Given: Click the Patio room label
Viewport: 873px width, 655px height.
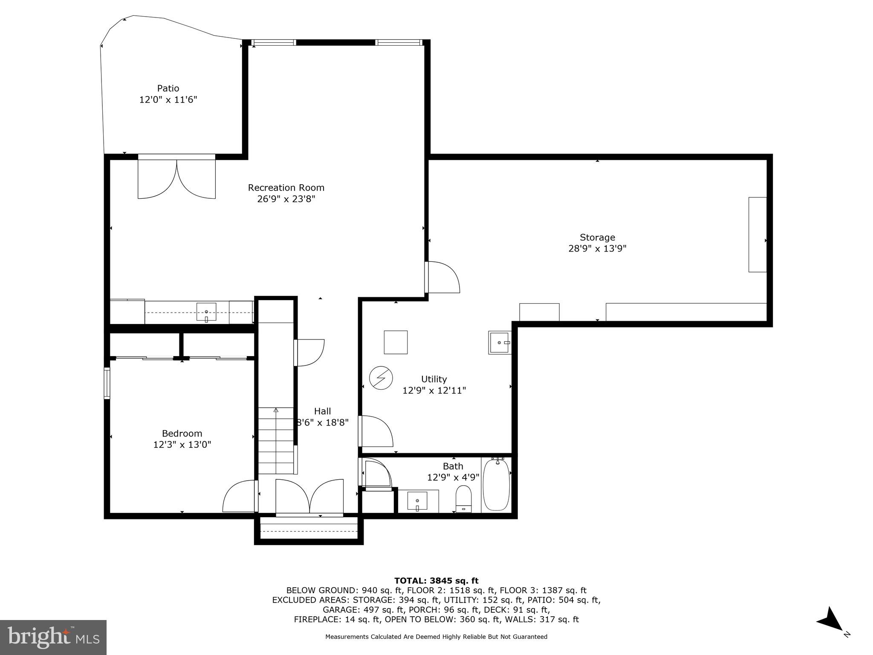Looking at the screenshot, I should [168, 88].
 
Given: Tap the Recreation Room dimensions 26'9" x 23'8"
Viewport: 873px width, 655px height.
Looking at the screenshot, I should [286, 199].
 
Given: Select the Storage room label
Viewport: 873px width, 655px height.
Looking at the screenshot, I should [597, 237].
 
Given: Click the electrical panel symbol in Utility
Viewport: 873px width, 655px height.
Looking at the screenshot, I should [381, 378].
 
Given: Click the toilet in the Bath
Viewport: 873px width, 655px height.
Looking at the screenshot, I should [463, 498].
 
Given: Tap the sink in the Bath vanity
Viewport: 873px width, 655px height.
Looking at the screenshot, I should [417, 501].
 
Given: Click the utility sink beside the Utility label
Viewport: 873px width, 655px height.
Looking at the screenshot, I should [499, 342].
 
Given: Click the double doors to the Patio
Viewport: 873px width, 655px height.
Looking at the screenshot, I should [176, 177].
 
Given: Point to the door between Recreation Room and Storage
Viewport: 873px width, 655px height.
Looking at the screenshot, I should [442, 277].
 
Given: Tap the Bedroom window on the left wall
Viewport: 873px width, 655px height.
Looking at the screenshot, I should [107, 383].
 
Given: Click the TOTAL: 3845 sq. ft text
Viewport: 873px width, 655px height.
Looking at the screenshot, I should [436, 581].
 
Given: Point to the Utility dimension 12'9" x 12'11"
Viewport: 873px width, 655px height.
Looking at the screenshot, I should [434, 390].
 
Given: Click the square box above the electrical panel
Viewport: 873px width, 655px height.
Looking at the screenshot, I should [396, 342].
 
